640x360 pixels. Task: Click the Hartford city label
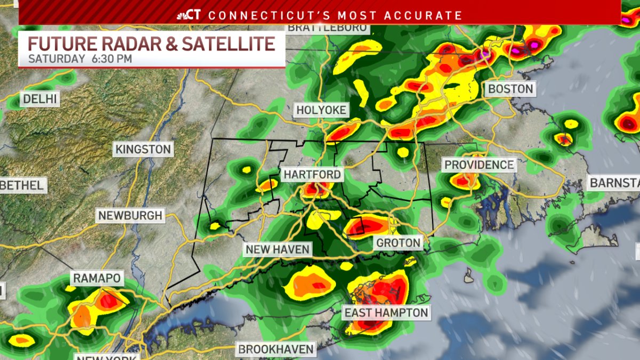click(x=311, y=175)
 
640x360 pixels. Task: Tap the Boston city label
click(x=510, y=89)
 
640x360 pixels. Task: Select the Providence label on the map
click(x=479, y=165)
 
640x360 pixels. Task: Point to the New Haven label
click(x=277, y=249)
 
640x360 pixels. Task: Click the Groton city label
click(x=398, y=243)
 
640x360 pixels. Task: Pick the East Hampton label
click(x=386, y=313)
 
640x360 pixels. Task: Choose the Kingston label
click(x=143, y=149)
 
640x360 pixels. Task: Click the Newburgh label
click(x=130, y=216)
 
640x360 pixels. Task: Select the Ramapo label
click(x=97, y=278)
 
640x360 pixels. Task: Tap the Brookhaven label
click(x=276, y=350)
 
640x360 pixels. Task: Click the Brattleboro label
click(x=327, y=28)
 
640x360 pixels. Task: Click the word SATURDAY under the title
click(x=56, y=58)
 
